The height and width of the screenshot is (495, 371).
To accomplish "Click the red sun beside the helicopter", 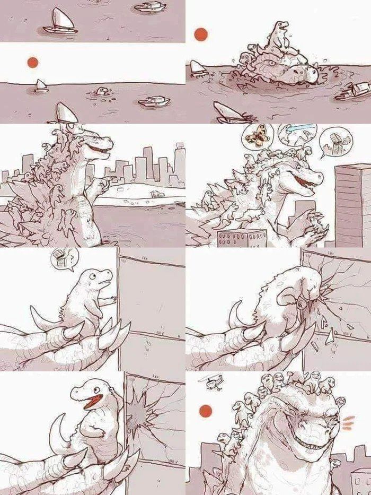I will [204, 411].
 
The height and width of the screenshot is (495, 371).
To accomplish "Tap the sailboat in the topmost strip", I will [59, 22].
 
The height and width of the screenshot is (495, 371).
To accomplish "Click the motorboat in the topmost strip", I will [151, 7].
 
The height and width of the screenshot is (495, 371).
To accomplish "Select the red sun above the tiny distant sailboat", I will [33, 63].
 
